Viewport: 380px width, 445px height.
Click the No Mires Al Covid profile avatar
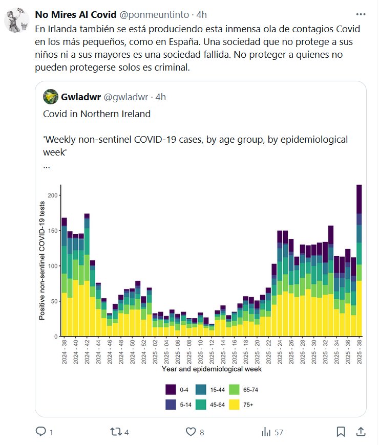(x=17, y=20)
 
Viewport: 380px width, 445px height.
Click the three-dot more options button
(x=361, y=14)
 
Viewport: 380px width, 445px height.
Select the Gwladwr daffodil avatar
(x=50, y=97)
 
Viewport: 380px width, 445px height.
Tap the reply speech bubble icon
(x=41, y=432)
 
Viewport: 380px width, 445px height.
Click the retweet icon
(x=116, y=432)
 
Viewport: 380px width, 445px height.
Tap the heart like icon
(x=191, y=432)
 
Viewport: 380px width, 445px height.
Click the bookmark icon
(x=341, y=432)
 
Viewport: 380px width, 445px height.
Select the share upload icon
(x=361, y=432)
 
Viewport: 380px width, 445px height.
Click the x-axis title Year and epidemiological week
(x=212, y=369)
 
